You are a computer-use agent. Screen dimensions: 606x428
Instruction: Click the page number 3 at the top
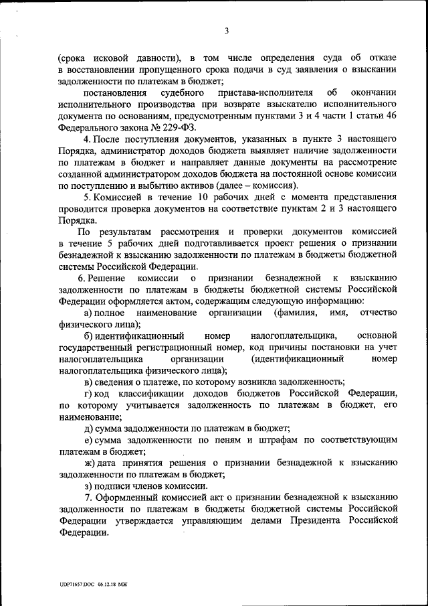[x=227, y=31]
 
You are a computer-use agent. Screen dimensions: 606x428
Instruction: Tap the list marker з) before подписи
[x=88, y=485]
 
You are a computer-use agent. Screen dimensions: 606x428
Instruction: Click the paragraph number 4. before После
[x=88, y=139]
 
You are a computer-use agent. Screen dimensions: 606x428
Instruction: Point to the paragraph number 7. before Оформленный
[x=88, y=498]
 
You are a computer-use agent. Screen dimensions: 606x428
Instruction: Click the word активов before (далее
[x=191, y=185]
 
